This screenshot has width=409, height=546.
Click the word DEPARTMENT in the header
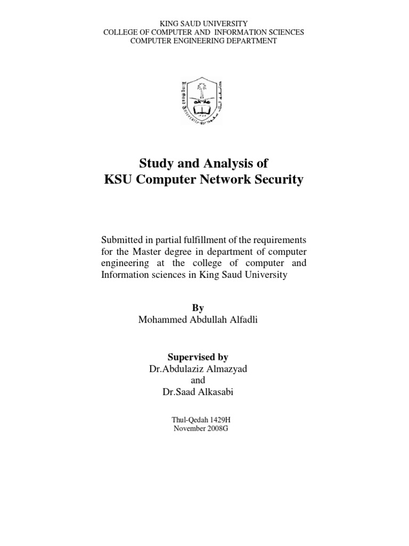tap(251, 41)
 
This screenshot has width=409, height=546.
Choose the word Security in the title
tap(277, 180)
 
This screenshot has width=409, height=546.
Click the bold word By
tap(197, 308)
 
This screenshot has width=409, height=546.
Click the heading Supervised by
tap(198, 357)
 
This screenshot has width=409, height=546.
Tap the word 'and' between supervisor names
tap(198, 380)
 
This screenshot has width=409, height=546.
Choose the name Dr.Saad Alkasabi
tap(198, 392)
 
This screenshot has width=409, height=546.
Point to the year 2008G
tap(215, 429)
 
